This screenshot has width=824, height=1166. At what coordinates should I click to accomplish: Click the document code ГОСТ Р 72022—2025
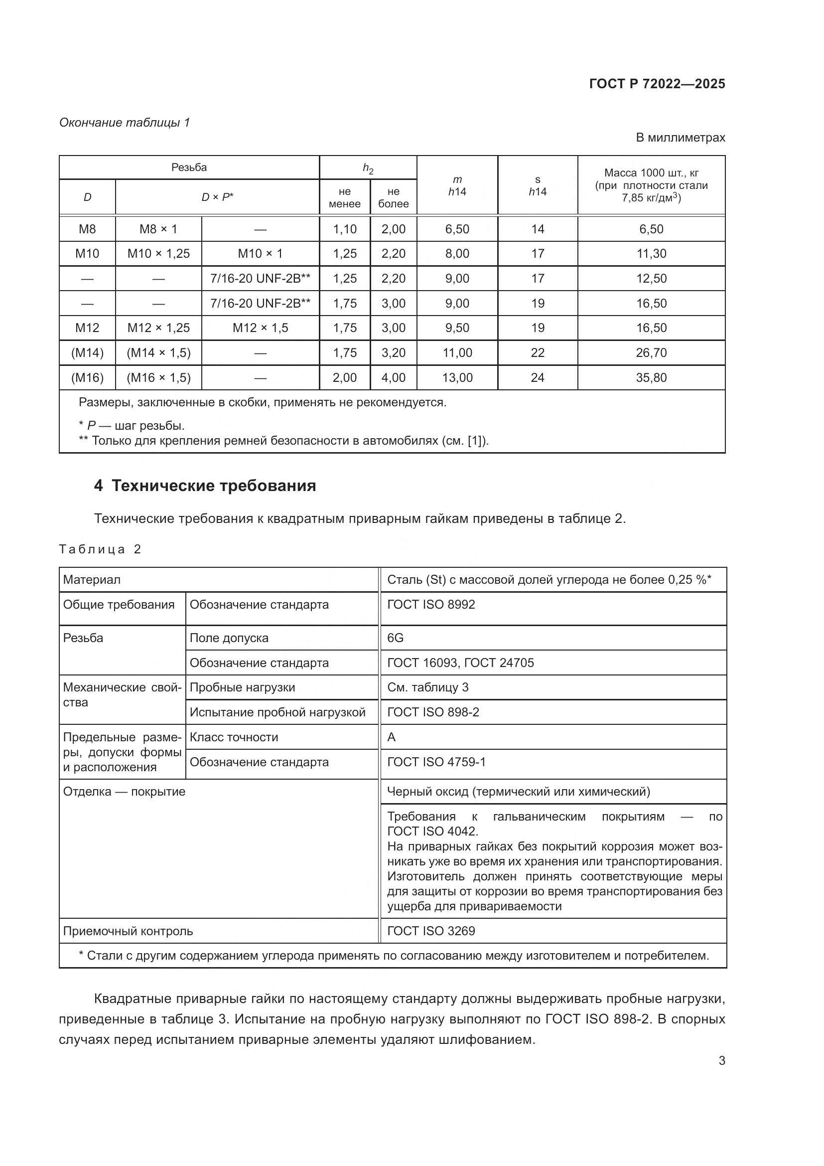coord(657,84)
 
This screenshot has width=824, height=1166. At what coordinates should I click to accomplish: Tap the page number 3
coord(721,1060)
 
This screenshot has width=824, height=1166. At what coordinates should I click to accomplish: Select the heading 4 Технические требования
coord(204,486)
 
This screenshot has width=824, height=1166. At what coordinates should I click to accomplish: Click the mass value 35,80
coord(651,378)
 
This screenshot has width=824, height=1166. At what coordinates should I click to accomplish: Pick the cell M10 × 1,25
coord(158,253)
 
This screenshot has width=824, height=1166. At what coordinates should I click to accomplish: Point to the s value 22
coord(538,353)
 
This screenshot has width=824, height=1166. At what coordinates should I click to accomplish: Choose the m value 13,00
coord(457,378)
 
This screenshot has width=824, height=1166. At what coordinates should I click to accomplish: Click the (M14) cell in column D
coord(87,353)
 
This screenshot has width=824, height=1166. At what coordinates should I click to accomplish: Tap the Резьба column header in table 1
coord(189,167)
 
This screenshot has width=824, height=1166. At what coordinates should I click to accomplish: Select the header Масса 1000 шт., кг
coord(651,173)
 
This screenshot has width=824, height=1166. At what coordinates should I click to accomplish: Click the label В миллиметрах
coord(680,138)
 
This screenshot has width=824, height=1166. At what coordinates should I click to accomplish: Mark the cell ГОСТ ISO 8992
coord(431,604)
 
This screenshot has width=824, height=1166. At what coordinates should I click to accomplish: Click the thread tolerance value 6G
coord(395,638)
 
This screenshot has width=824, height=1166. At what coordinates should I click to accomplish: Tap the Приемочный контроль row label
coord(128,931)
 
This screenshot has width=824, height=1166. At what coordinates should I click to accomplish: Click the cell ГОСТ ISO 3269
coord(431,931)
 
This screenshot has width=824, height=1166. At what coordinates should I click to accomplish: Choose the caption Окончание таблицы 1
coord(125,123)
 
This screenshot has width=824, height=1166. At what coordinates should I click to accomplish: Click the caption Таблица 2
coord(100,549)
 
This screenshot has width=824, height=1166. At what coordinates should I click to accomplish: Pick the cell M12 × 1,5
coord(260,328)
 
